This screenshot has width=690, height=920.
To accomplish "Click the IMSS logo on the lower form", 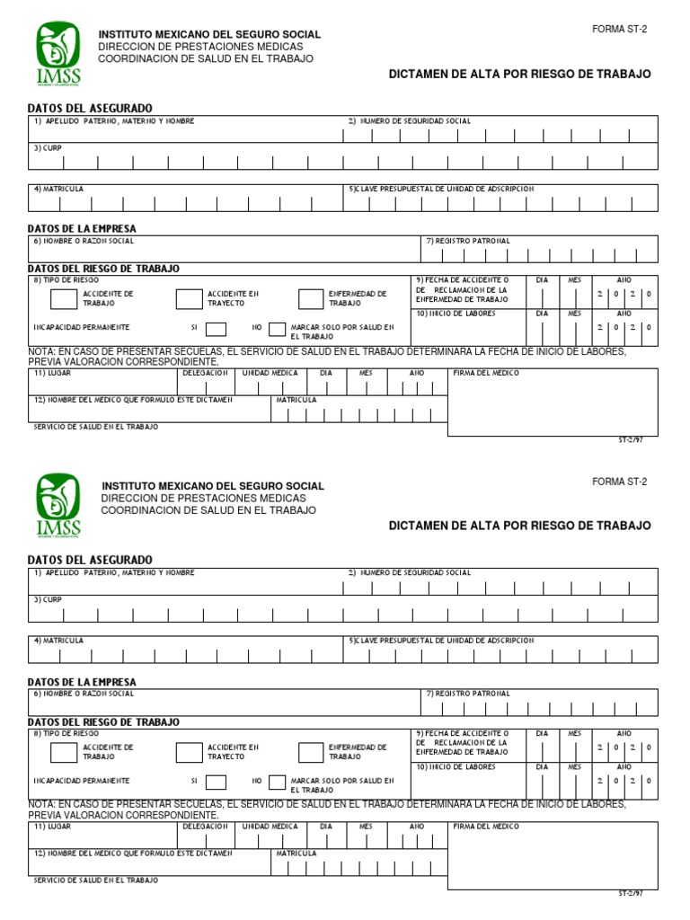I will coord(58,504).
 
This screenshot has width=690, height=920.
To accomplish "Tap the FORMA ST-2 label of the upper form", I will coord(619,30).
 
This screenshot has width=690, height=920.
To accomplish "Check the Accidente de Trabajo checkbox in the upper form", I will coord(63,299).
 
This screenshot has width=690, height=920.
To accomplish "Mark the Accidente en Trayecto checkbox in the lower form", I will coord(189,752).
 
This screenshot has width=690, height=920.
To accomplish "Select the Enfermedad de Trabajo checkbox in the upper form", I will coord(311,299).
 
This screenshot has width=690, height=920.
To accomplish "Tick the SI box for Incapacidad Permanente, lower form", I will coord(217,782).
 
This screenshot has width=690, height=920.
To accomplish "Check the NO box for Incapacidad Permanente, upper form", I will coord(276,328).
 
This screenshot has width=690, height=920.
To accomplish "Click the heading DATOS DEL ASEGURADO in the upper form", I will coord(90,108).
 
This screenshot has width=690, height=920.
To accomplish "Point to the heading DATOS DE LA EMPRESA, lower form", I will coord(82,682).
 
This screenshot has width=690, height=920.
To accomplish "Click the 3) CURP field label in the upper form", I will coord(48,147).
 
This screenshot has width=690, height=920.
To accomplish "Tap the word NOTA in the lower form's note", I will coord(42,804).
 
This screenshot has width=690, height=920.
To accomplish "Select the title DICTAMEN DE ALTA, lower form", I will coord(519,526).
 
